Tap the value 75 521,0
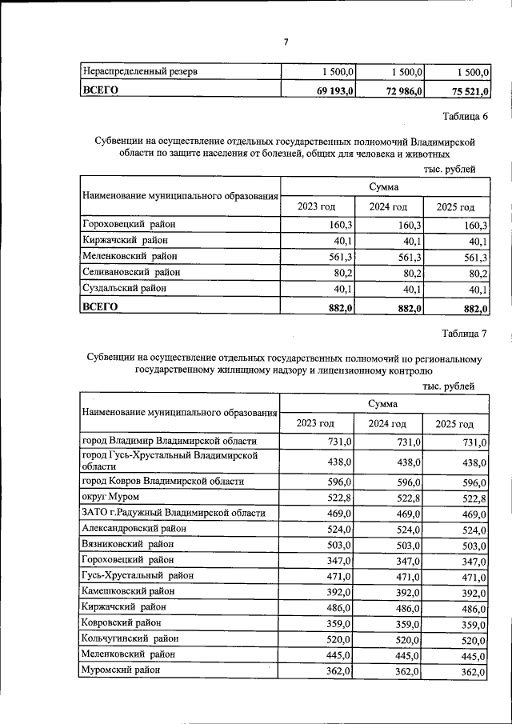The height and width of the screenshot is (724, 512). coord(466,90)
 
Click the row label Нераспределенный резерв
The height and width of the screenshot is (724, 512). coord(140,72)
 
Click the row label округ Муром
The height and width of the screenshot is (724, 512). coord(110,498)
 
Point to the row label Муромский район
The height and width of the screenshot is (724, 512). coord(121,670)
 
